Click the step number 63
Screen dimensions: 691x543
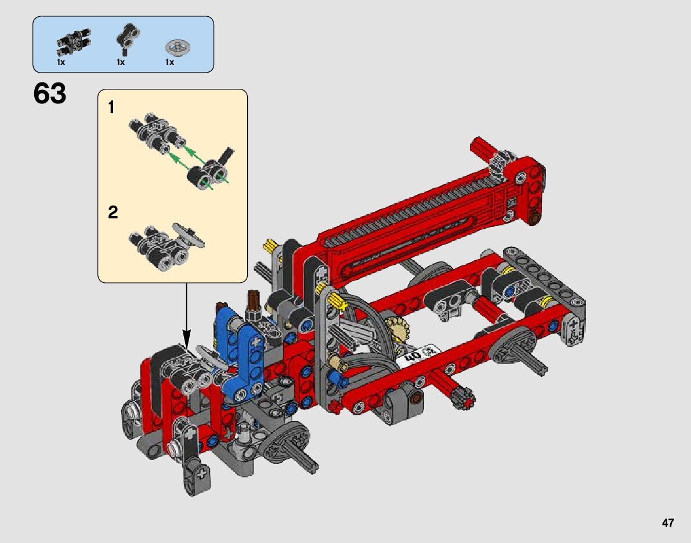[x=49, y=94]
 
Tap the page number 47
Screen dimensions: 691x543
[x=668, y=523]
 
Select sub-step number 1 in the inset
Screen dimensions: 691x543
[x=111, y=107]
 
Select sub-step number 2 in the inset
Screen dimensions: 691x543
[x=113, y=212]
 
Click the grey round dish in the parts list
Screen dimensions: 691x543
[x=178, y=46]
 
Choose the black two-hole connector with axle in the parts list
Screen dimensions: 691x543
[x=128, y=38]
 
